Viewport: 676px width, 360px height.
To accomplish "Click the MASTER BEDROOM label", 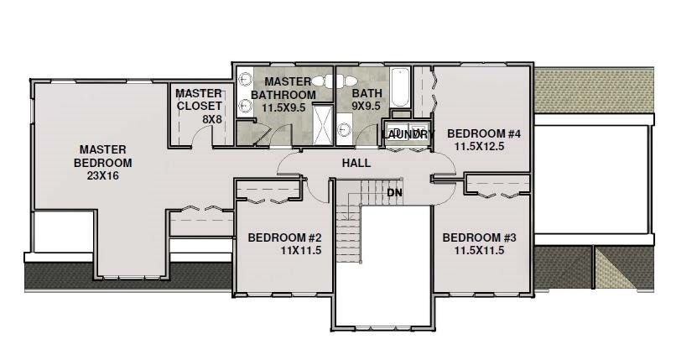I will (101, 155).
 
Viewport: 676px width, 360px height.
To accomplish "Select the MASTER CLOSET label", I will (199, 99).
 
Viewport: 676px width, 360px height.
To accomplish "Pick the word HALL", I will (356, 162).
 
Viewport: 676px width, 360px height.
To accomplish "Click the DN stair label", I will (394, 192).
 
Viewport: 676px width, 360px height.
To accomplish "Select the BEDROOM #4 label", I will (484, 133).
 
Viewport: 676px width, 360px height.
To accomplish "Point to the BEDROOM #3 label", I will (479, 237).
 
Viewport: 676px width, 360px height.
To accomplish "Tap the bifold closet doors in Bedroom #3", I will (497, 193).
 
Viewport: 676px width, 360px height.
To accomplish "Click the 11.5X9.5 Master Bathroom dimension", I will (283, 107).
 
